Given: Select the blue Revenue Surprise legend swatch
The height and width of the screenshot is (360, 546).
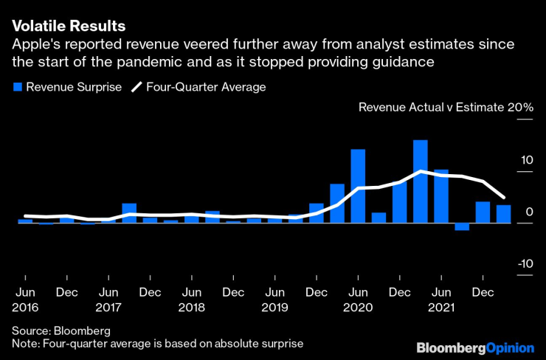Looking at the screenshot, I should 17,87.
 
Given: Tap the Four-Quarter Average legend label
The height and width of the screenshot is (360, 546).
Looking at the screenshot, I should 206,87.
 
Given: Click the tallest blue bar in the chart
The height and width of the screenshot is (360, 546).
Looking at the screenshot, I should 420,181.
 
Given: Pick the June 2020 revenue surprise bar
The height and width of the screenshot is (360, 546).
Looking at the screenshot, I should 358,186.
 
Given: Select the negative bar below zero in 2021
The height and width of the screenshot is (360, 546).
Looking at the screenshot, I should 462,226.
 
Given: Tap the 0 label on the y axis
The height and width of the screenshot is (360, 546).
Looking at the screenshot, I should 529,212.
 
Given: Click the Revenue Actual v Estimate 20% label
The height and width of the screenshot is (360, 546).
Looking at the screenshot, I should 446,108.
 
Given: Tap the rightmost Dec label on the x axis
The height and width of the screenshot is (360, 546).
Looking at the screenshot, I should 483,291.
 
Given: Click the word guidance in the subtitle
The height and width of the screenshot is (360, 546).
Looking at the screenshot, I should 402,63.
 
